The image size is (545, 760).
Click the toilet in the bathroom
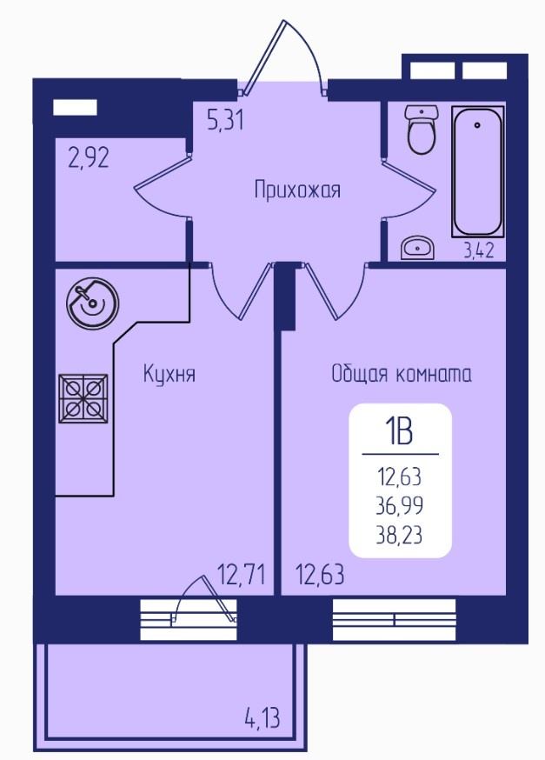click(422, 129)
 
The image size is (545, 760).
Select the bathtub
click(478, 171)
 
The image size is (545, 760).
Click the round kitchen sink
click(92, 302)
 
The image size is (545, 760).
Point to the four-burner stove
click(83, 397)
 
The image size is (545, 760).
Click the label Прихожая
click(297, 190)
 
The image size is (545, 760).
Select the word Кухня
click(169, 374)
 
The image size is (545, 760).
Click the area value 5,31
click(225, 120)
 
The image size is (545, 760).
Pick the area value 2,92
click(89, 158)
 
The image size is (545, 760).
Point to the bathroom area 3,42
click(479, 250)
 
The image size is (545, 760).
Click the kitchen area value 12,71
click(242, 575)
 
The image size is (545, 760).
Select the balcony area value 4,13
click(263, 718)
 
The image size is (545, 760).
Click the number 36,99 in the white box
click(400, 506)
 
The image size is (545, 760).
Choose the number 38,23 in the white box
click(400, 536)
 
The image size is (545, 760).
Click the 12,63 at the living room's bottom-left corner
click(320, 575)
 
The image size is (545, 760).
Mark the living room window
click(395, 619)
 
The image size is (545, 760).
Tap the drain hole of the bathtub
click(478, 125)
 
